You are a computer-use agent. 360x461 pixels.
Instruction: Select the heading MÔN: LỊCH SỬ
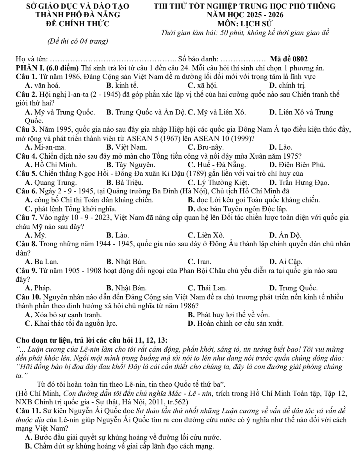click(244, 23)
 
